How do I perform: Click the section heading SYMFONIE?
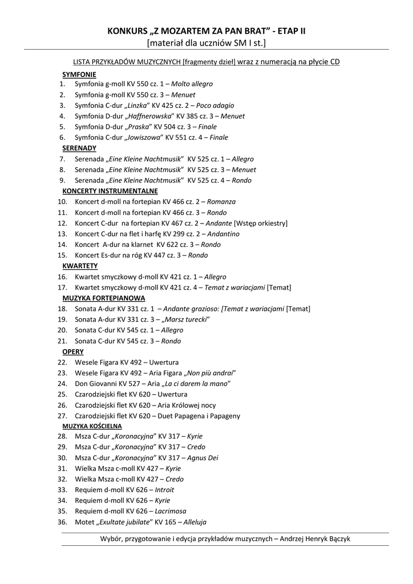click(x=79, y=74)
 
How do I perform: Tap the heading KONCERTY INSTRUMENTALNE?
click(x=110, y=191)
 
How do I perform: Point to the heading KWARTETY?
click(x=80, y=266)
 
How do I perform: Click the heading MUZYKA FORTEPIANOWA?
click(x=103, y=298)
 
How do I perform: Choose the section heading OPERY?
click(x=73, y=351)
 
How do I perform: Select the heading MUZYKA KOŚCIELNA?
click(x=92, y=426)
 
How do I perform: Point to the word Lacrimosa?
click(x=171, y=511)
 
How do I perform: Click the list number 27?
click(x=63, y=416)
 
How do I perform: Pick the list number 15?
click(x=63, y=255)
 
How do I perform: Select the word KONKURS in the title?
click(x=126, y=31)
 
